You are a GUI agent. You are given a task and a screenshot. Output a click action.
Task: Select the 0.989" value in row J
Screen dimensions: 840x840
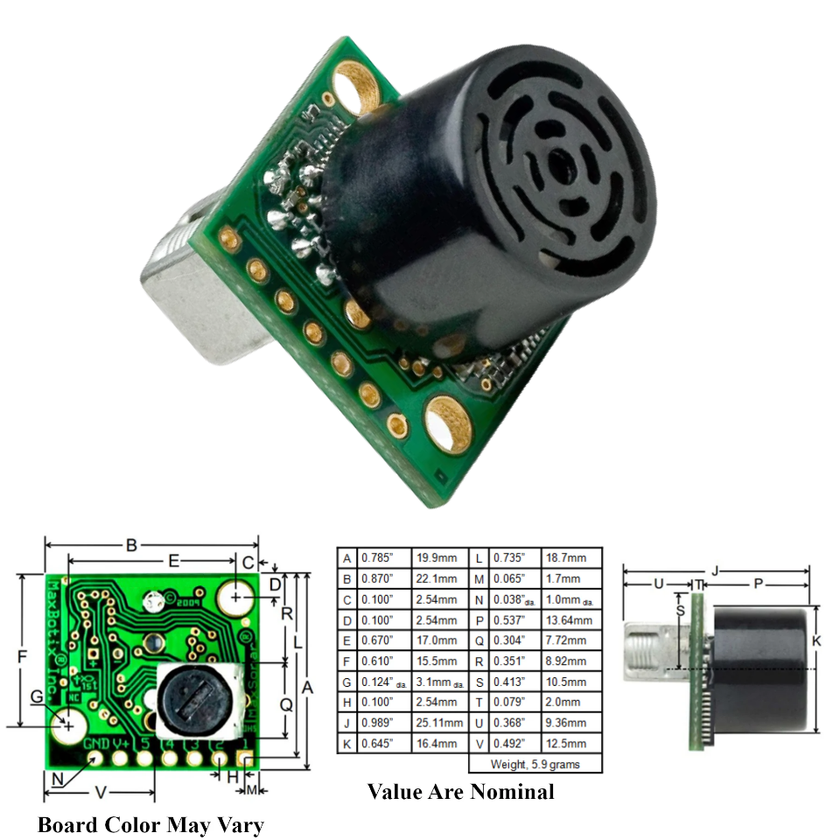coord(385,723)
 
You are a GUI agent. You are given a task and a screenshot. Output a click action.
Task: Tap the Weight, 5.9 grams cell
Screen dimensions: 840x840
coord(535,764)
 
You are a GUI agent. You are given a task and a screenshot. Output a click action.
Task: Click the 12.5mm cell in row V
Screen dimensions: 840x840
coord(570,743)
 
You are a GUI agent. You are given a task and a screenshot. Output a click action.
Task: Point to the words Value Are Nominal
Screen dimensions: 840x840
coord(460,792)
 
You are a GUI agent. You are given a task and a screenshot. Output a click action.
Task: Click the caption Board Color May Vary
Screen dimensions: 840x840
coord(150,824)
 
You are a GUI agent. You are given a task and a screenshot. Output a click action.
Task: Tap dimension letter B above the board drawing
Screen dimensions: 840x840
coord(131,545)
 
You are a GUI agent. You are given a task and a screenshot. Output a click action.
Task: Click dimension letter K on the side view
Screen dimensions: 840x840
coord(816,641)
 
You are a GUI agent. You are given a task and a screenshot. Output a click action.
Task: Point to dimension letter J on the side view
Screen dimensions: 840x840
coord(715,570)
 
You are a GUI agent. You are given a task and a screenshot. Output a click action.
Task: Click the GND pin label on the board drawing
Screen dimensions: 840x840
coord(95,744)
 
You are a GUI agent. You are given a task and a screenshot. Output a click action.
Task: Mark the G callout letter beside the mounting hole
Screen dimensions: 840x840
coord(36,696)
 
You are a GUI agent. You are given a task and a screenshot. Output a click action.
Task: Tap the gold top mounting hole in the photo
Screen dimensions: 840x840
coord(358,90)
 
